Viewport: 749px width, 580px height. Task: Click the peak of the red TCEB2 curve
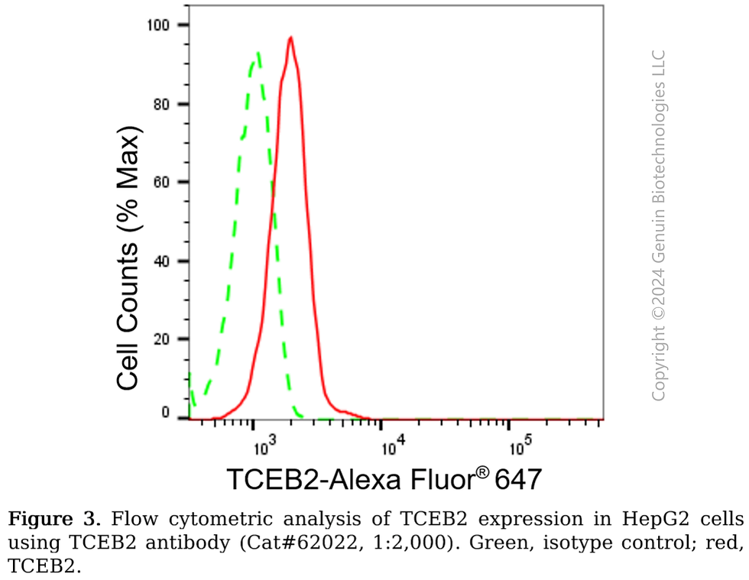[x=290, y=37]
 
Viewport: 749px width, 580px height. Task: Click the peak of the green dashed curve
[x=258, y=53]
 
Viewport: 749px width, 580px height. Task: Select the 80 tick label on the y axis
[x=160, y=104]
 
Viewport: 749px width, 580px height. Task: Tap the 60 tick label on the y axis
[x=160, y=183]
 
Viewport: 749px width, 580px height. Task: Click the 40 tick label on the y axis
[x=160, y=261]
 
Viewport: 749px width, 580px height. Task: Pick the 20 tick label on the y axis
[x=160, y=339]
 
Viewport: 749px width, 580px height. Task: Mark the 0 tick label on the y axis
[x=164, y=413]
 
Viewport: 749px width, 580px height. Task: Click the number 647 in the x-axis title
[x=519, y=480]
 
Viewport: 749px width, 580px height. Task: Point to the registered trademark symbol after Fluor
[x=482, y=472]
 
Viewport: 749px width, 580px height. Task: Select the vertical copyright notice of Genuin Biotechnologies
[x=658, y=225]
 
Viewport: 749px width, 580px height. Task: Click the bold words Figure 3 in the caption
[x=54, y=520]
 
